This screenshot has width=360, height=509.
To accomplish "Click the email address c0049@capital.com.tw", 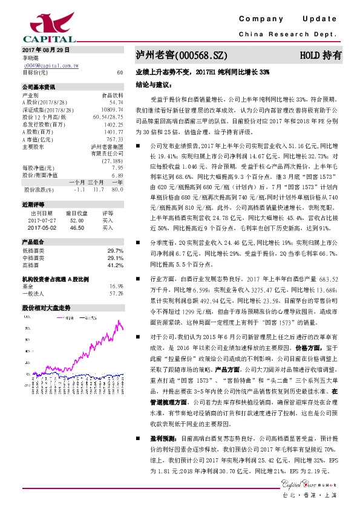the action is click(x=51, y=65).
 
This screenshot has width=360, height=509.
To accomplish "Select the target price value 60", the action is click(x=120, y=72).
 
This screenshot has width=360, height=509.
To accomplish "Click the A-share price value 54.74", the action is click(x=116, y=102).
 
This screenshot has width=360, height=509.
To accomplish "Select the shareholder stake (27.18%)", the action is click(x=112, y=161).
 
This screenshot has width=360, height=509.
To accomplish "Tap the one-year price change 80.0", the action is click(x=117, y=190).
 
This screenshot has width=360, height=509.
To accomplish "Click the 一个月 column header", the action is click(x=77, y=183).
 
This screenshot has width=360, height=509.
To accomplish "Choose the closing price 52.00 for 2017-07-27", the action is click(x=76, y=221).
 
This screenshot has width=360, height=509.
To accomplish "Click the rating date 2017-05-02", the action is click(x=41, y=228).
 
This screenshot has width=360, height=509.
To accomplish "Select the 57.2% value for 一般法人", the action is click(x=116, y=293).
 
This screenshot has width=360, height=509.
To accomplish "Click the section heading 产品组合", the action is click(x=31, y=241).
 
